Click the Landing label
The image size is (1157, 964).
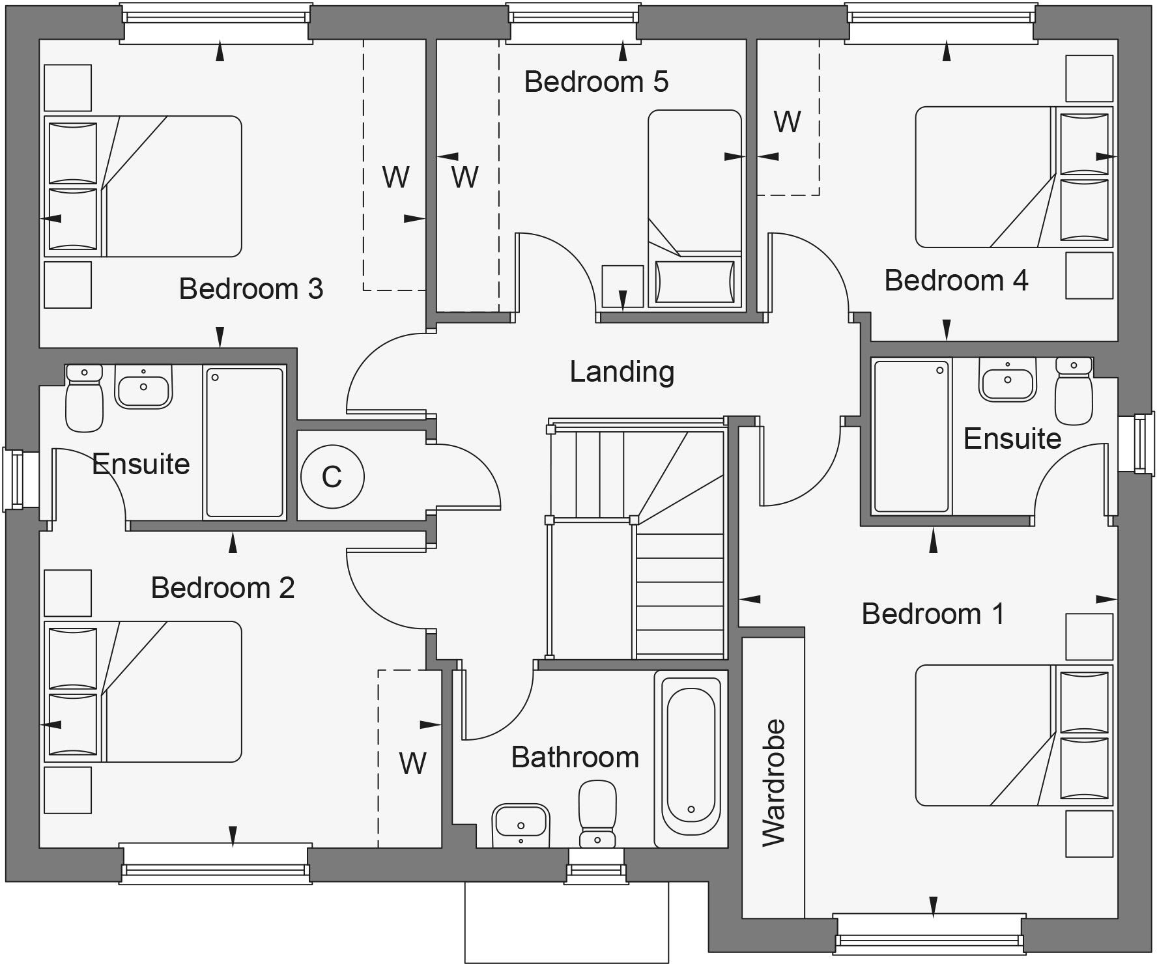point(622,372)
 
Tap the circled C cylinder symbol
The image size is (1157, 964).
point(332,477)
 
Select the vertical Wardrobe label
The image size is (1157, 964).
point(774,782)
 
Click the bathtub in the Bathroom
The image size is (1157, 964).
point(691,756)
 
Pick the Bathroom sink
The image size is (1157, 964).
point(520,825)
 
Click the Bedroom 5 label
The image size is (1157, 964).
point(596,82)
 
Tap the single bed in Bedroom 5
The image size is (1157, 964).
point(694,208)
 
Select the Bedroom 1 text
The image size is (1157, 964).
point(933,614)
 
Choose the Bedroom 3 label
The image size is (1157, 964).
point(251,289)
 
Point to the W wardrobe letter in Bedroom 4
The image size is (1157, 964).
point(787,122)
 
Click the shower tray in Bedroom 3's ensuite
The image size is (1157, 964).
point(244,442)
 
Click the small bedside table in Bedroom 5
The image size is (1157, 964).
point(622,286)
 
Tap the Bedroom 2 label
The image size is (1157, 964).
point(223,588)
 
